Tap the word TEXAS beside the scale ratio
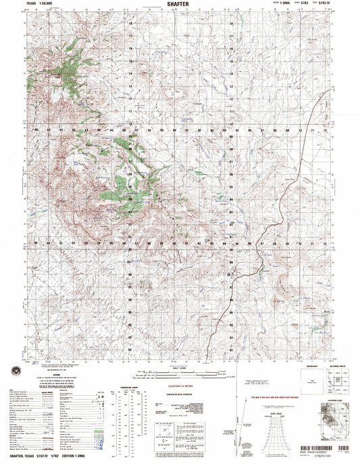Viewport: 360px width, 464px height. point(32,6)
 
